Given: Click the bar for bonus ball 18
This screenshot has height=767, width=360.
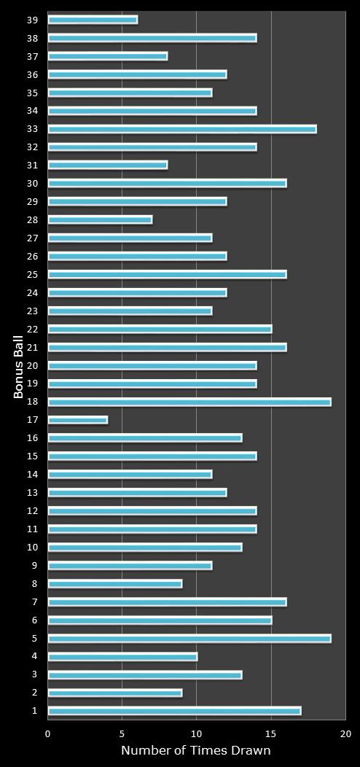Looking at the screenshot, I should point(189,402).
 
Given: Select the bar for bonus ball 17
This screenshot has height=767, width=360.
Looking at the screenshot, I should point(78,420).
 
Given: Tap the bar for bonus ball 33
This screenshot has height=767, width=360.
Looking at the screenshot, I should point(182,129).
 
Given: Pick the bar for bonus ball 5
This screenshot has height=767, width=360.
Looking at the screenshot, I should point(189,639).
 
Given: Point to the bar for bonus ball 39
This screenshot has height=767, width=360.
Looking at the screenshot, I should point(93,20).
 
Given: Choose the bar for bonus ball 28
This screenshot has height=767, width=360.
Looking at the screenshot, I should point(100,219).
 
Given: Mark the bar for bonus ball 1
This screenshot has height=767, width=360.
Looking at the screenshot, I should point(174,711).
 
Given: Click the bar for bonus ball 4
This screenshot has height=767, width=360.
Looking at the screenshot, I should point(122,657).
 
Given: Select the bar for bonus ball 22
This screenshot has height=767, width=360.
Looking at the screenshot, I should point(160,329).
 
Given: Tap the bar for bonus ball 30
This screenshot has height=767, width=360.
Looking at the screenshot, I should point(167,184).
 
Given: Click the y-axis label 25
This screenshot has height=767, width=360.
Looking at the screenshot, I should point(33,275).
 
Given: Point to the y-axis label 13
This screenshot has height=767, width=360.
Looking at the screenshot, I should point(33,493).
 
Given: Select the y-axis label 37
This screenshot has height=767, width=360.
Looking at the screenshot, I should point(33,56).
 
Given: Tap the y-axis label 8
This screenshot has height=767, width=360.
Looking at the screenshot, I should point(34,584).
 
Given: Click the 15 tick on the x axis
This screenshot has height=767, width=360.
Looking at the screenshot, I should point(271,733).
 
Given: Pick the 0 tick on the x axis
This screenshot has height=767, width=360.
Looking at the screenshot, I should point(48,733).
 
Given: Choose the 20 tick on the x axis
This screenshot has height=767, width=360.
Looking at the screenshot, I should point(345,733).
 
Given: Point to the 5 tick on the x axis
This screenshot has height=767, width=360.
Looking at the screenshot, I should point(122,733).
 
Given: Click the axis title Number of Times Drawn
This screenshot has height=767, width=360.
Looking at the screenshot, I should point(196,751).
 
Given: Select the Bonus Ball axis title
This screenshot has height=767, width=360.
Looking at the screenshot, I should point(19,366).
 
